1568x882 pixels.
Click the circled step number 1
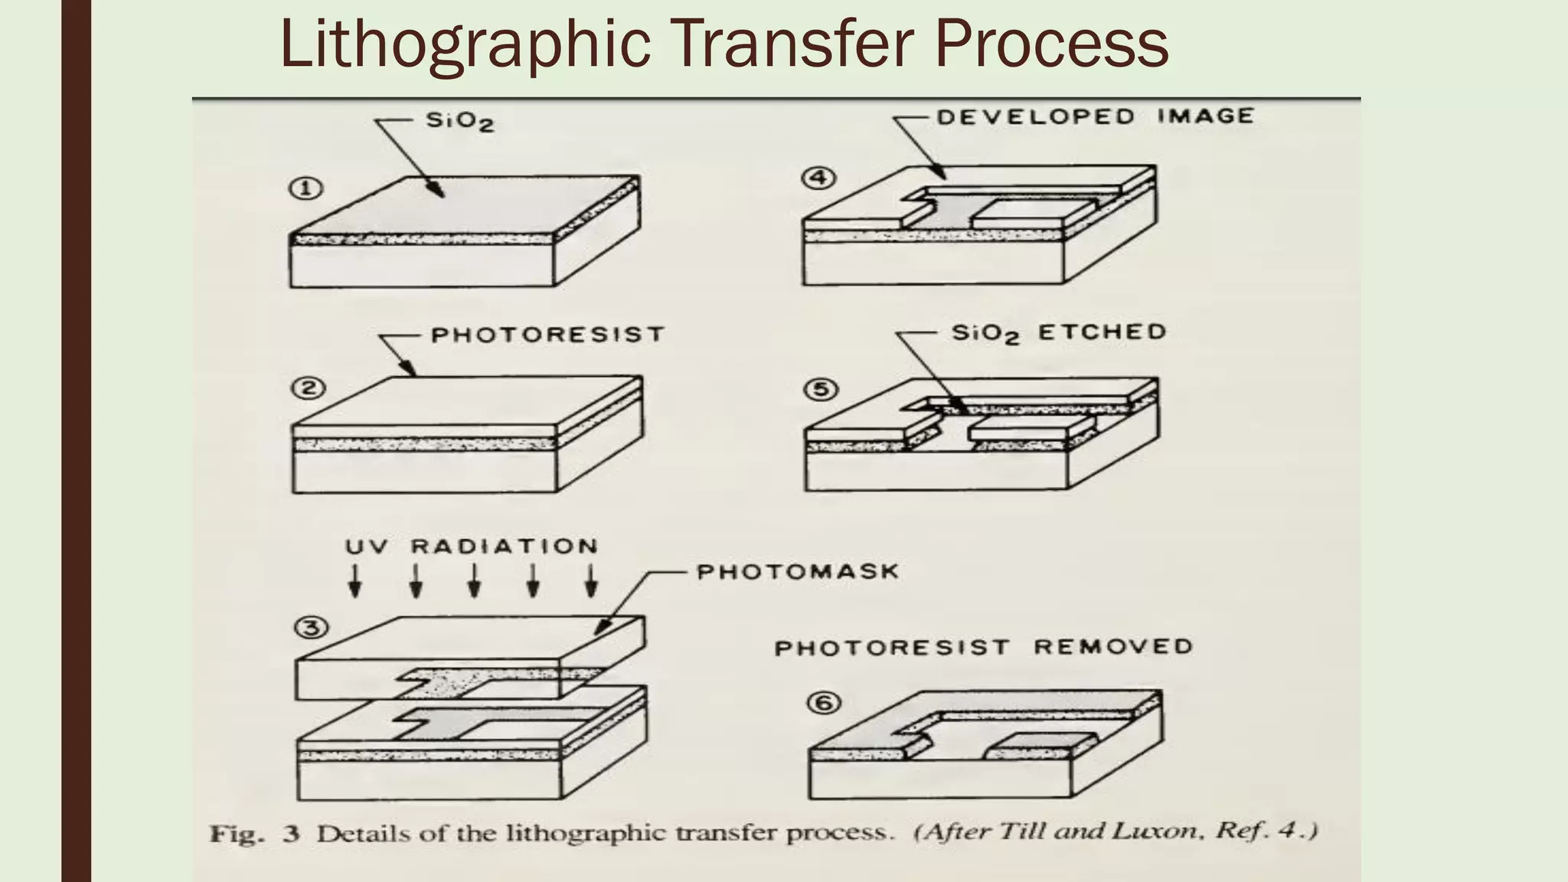[306, 188]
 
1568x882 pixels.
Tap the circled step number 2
[308, 388]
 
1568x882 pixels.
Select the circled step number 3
[312, 629]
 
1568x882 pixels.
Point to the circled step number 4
[818, 178]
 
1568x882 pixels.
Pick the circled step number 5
[821, 390]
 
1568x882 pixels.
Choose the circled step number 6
[825, 702]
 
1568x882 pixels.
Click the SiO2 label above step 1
[459, 121]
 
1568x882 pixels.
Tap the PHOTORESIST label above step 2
[547, 335]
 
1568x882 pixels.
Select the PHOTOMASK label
[797, 572]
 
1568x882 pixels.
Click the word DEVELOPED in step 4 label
[1035, 116]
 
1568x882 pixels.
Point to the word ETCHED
[1102, 332]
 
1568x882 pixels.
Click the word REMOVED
[1113, 647]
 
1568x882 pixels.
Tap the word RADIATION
[504, 547]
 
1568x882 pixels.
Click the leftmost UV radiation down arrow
[355, 581]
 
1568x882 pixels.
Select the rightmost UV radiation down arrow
[591, 581]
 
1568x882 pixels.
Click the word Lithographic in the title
[465, 44]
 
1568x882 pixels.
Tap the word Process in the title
[1050, 44]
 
